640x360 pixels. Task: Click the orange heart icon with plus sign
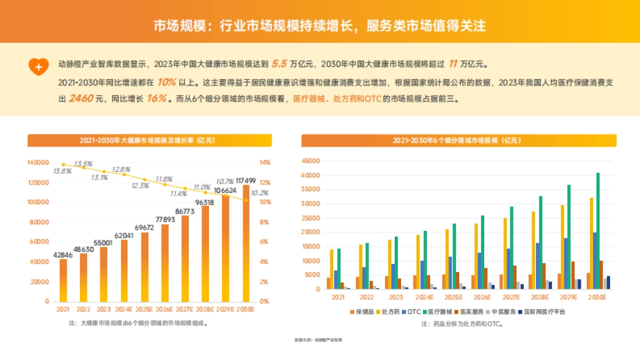pyautogui.click(x=38, y=66)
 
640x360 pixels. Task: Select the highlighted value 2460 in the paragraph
pyautogui.click(x=81, y=99)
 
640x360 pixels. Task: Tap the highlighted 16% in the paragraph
pyautogui.click(x=157, y=99)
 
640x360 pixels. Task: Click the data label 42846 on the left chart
pyautogui.click(x=63, y=255)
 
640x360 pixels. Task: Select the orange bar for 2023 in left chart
pyautogui.click(x=103, y=274)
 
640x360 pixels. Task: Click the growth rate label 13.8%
pyautogui.click(x=62, y=172)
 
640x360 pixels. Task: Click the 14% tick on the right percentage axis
pyautogui.click(x=265, y=163)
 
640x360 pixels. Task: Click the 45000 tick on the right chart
pyautogui.click(x=310, y=161)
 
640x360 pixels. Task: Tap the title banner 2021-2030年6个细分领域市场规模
pyautogui.click(x=459, y=140)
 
